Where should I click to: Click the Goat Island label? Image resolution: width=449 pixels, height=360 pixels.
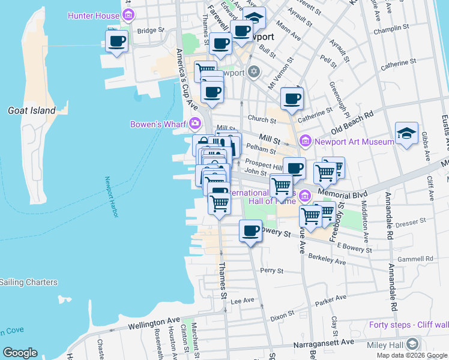click(31, 110)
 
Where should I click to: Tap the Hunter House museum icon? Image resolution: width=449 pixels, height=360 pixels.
click(127, 15)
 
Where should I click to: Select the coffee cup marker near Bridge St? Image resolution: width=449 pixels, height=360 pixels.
click(116, 41)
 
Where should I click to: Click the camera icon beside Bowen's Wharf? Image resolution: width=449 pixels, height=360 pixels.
click(194, 125)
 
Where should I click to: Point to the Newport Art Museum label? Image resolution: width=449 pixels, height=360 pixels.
click(354, 142)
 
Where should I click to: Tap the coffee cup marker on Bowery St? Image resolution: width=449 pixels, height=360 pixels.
click(250, 230)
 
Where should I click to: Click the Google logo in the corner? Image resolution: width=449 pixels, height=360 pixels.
click(20, 353)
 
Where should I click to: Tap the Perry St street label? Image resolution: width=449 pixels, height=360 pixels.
click(271, 271)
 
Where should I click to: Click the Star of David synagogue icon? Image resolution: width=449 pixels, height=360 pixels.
click(253, 73)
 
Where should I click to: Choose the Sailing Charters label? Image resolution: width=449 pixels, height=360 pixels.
click(28, 282)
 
